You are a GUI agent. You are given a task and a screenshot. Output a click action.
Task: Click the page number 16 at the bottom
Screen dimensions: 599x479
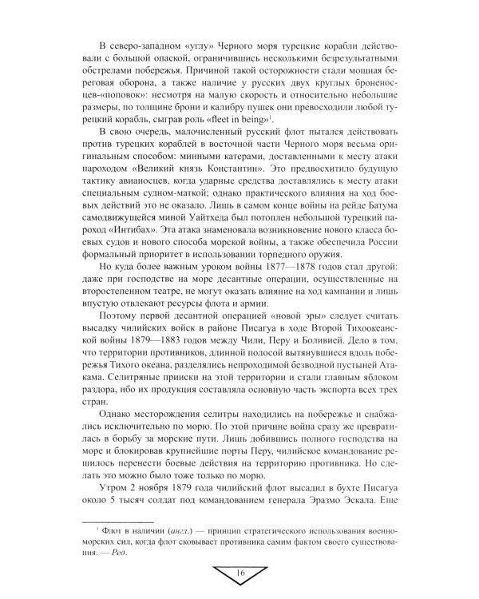tap(239, 573)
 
